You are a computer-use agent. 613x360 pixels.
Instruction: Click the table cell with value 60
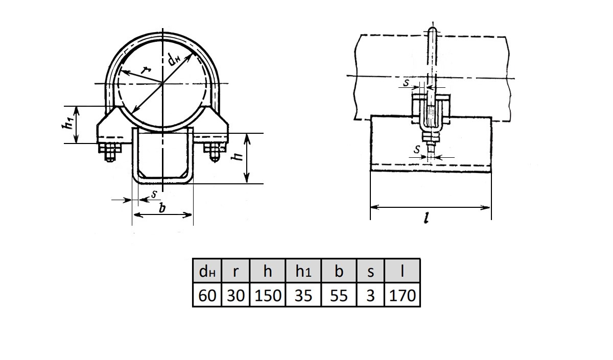click(x=207, y=295)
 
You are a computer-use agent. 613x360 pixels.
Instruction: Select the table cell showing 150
click(x=268, y=295)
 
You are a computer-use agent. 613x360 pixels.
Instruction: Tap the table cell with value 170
click(x=402, y=295)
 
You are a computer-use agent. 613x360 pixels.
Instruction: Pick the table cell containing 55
click(x=339, y=295)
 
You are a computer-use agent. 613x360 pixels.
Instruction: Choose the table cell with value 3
click(x=370, y=295)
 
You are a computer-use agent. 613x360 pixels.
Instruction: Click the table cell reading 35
click(x=303, y=295)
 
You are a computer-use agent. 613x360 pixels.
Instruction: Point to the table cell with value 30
click(x=235, y=295)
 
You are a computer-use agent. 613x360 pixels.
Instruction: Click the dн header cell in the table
click(x=207, y=271)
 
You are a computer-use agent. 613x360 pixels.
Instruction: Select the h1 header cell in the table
click(x=303, y=271)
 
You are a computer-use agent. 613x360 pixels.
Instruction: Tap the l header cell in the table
click(x=402, y=271)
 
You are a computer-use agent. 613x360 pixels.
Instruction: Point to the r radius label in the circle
click(x=146, y=70)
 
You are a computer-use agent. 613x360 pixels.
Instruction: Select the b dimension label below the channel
click(x=162, y=208)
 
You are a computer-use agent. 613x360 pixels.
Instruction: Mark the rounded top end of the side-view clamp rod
click(x=432, y=29)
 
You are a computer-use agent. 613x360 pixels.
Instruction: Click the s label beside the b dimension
click(x=154, y=194)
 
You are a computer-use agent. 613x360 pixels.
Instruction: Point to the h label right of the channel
click(x=237, y=156)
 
